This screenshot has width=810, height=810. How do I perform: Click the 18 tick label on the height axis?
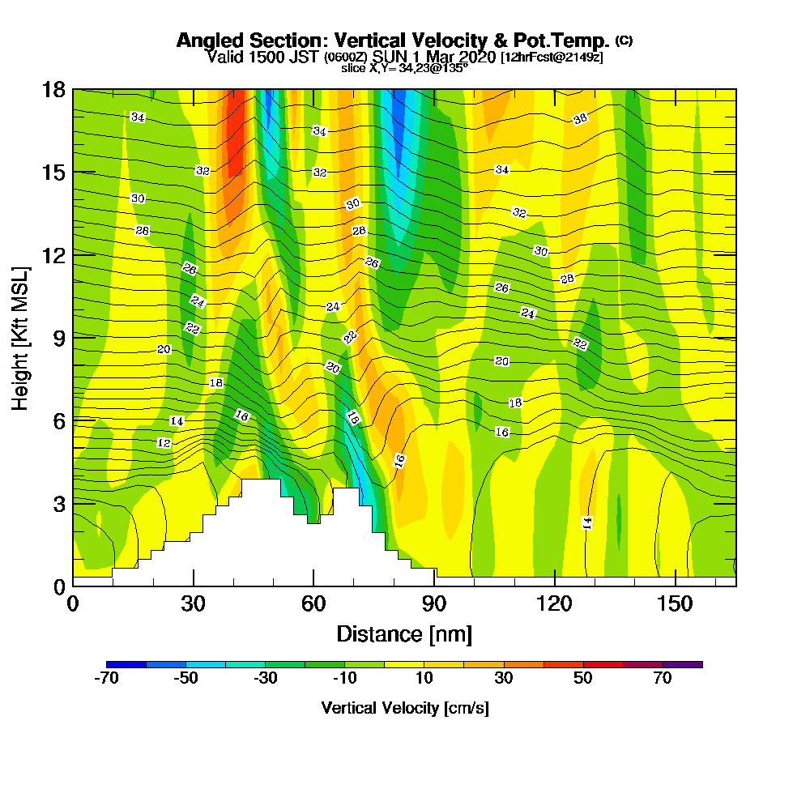pos(53,89)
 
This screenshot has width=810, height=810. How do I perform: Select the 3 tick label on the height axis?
pos(58,503)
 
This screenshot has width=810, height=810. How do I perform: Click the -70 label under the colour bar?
pos(107,679)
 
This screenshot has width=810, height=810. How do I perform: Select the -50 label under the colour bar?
pos(186,679)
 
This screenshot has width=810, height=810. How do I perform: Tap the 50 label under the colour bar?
pos(583,679)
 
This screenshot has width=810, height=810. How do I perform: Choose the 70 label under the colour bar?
pos(663,679)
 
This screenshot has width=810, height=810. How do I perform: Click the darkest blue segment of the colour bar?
pos(126,664)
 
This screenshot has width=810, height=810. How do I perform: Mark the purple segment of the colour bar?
pos(683,664)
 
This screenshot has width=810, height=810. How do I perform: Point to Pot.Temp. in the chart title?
pos(566,40)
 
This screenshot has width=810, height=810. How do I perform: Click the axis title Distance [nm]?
pos(404,633)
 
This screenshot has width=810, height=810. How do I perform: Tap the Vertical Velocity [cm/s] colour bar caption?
pos(404,708)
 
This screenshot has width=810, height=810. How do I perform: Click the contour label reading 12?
pos(164,443)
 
